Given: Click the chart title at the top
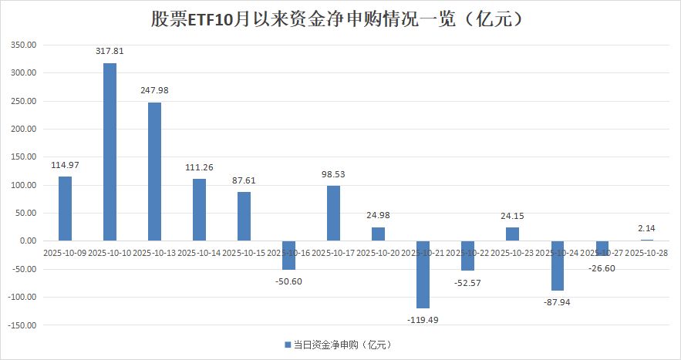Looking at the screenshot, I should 340,19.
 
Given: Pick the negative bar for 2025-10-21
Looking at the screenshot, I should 423,274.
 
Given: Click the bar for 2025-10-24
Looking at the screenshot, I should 557,265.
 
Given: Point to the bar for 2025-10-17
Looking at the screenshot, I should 333,213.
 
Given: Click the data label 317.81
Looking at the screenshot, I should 110,52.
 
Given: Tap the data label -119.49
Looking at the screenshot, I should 423,319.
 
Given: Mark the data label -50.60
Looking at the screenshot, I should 288,281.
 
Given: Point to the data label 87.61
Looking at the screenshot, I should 244,180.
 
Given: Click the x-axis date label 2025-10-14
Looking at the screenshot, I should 199,252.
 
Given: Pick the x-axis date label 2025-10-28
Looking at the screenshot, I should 646,252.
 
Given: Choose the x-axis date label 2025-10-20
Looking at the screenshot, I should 378,252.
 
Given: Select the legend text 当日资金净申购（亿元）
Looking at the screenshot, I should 335,345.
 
